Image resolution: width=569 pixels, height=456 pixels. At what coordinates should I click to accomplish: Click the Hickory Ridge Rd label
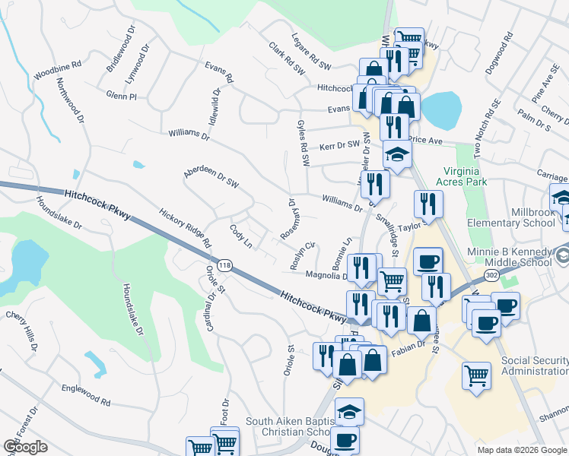click(184, 229)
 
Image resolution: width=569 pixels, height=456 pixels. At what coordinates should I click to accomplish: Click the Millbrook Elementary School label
click(511, 216)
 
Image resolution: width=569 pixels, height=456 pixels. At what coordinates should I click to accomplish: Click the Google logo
click(26, 447)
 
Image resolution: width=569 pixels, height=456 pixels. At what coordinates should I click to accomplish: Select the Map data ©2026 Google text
click(522, 449)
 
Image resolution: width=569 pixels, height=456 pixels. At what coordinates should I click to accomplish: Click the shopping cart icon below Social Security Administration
click(476, 375)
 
